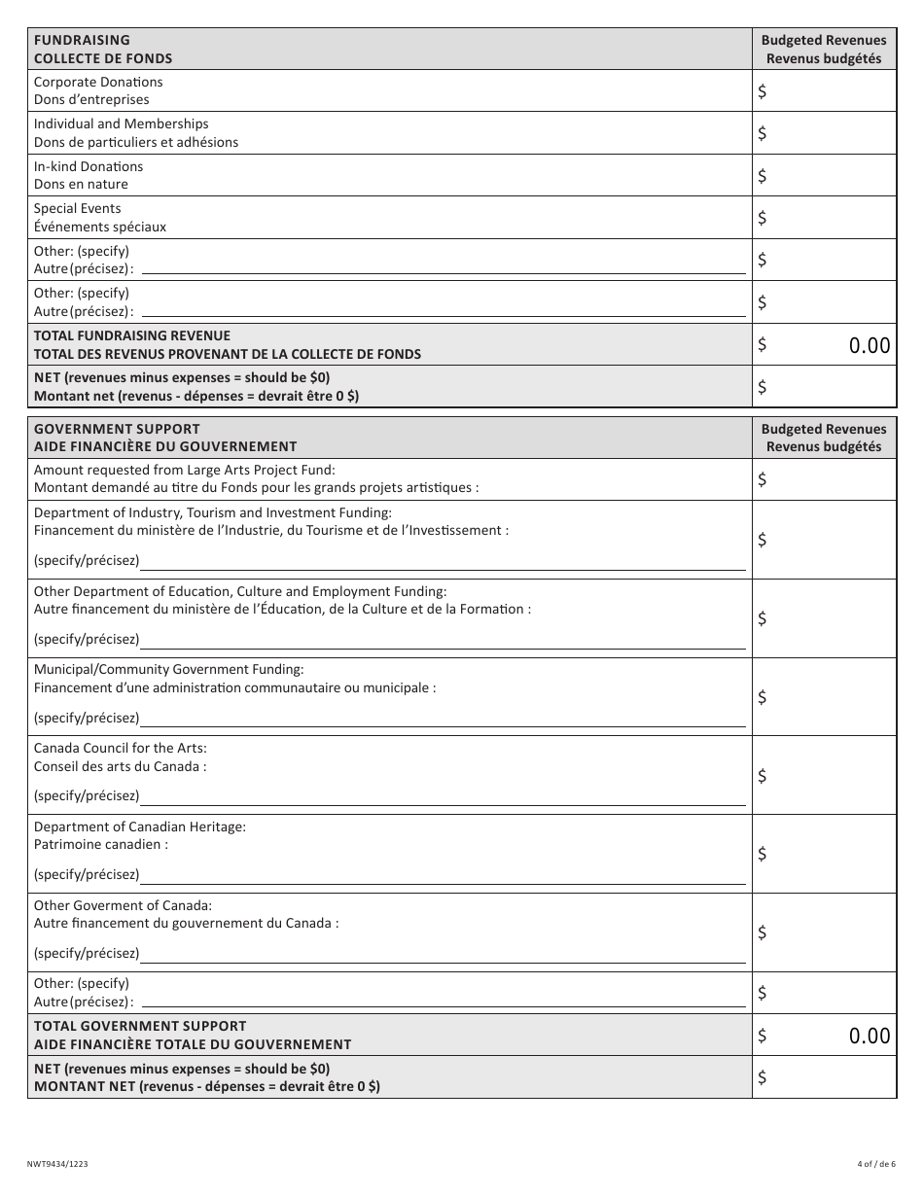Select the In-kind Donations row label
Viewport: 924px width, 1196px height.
tap(89, 175)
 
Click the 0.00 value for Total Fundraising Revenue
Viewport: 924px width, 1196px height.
tap(869, 345)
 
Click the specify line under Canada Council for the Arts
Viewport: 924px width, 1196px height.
tap(443, 796)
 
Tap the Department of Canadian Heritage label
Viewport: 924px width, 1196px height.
tap(140, 827)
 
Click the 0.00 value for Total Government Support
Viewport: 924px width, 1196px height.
tap(869, 1037)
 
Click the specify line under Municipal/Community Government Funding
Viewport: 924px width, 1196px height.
tap(443, 719)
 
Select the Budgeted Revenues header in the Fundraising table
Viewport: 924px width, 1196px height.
tap(824, 49)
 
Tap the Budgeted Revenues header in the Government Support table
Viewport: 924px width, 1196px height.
tap(824, 437)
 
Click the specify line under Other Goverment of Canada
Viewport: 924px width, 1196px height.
tap(443, 954)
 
